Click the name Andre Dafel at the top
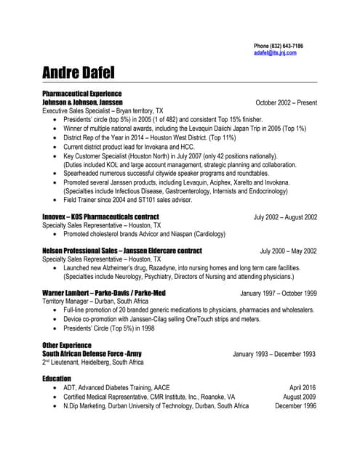tap(83, 73)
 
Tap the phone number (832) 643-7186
tap(285, 46)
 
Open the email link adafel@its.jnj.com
tap(275, 53)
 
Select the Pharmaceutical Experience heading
tap(82, 94)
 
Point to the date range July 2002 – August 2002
tap(285, 217)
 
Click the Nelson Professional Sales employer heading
tap(122, 251)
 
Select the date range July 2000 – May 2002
tap(289, 251)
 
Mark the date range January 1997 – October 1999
tap(279, 293)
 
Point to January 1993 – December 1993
tap(274, 354)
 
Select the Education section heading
tap(57, 379)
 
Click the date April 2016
tap(303, 388)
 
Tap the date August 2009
tap(300, 397)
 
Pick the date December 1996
tap(295, 405)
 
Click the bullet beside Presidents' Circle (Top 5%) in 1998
tap(56, 328)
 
